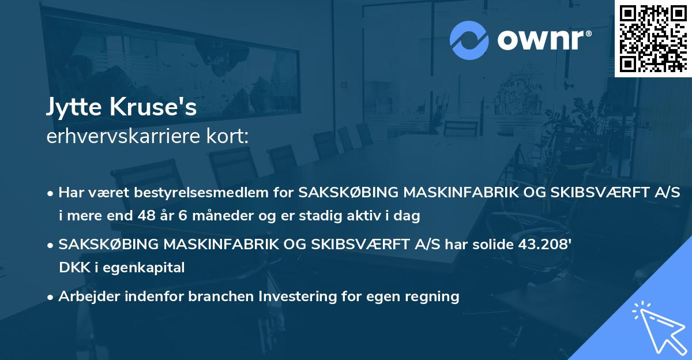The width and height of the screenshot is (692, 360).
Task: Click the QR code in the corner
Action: [x=653, y=38]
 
